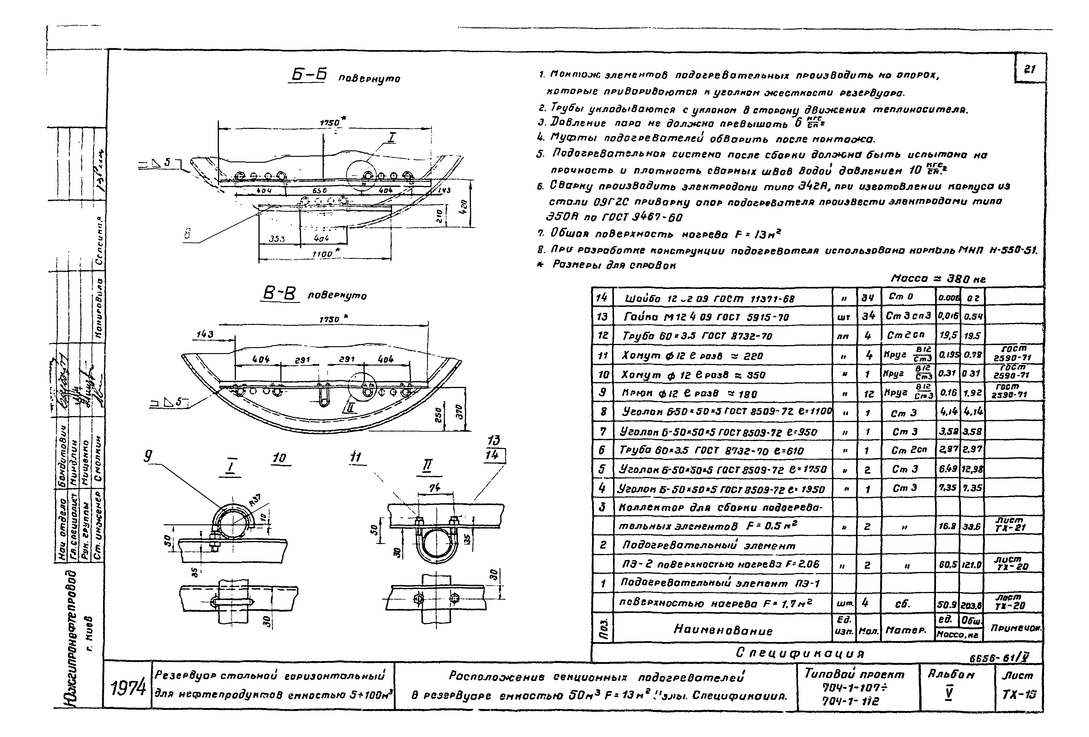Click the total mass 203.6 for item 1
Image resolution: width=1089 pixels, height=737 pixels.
pos(971,605)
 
